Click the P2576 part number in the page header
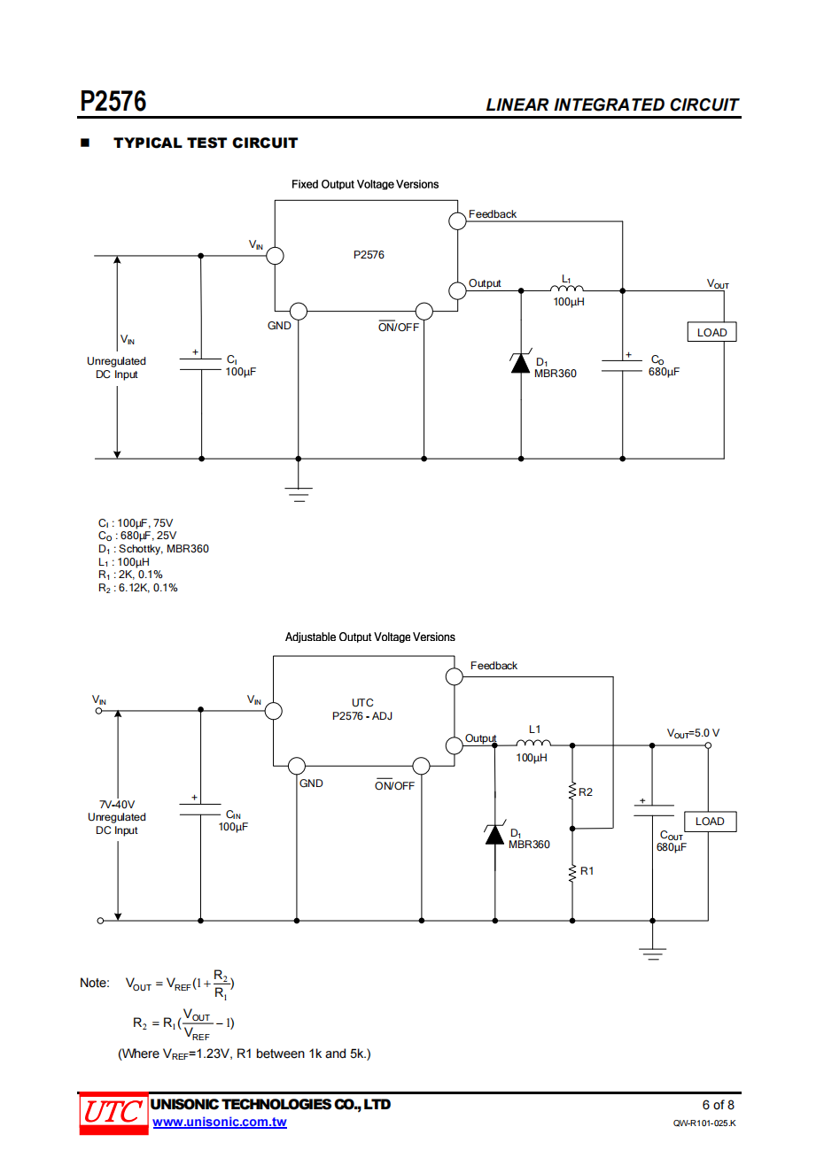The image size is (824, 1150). (x=113, y=102)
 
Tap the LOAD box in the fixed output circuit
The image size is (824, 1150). (x=711, y=332)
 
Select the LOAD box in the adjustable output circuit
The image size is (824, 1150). (x=710, y=822)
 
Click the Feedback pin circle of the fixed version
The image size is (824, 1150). (x=457, y=220)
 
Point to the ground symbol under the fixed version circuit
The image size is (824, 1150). (x=299, y=493)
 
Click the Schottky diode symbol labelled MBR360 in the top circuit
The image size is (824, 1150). (x=521, y=363)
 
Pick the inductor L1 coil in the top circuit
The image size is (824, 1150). (x=567, y=288)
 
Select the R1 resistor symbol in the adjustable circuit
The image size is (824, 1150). (x=572, y=872)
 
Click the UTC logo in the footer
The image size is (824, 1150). (x=113, y=1112)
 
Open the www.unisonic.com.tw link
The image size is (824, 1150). (x=220, y=1123)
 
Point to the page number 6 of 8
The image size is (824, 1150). (x=718, y=1105)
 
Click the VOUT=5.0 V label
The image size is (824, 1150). (x=693, y=733)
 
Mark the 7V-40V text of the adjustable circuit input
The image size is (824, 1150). (x=117, y=805)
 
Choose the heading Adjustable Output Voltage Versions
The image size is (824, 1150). (x=369, y=637)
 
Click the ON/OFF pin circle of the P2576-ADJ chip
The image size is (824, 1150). (x=422, y=766)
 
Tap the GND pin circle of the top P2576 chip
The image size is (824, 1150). (x=299, y=312)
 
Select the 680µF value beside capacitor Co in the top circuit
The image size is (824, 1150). (x=664, y=372)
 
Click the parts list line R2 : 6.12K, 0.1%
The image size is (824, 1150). (x=138, y=588)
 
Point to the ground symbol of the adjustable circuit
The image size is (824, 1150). (x=653, y=953)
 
